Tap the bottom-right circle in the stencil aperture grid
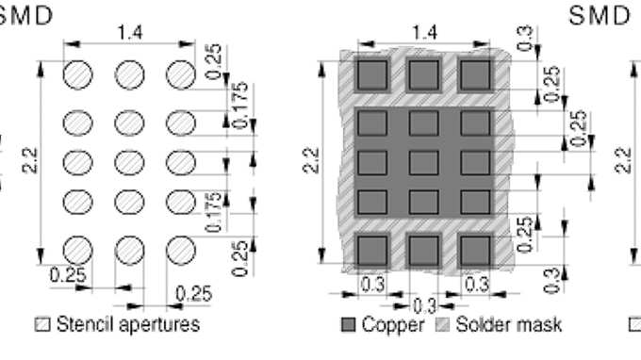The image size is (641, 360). pyautogui.click(x=179, y=249)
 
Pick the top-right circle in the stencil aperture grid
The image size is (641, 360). pyautogui.click(x=179, y=74)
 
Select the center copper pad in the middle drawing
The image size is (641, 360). pyautogui.click(x=423, y=162)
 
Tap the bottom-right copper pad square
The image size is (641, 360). pyautogui.click(x=474, y=249)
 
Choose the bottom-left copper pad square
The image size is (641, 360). pyautogui.click(x=372, y=249)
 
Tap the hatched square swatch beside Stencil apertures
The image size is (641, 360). pyautogui.click(x=42, y=326)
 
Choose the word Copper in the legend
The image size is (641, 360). pyautogui.click(x=387, y=325)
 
